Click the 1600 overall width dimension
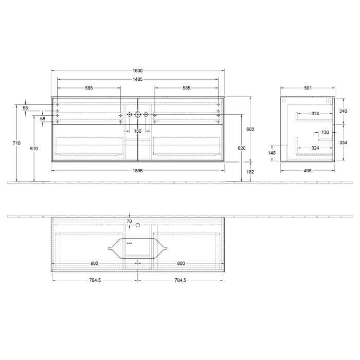tap(137, 70)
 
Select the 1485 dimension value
tap(137, 79)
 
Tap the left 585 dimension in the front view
tap(89, 88)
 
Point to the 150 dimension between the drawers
tap(137, 131)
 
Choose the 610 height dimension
tap(34, 148)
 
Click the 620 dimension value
tap(242, 148)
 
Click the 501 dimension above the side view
tap(308, 88)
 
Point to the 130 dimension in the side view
tap(325, 132)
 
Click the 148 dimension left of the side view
tap(273, 153)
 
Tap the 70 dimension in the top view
tap(129, 222)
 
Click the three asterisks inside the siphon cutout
tap(129, 243)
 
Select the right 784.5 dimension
tap(180, 280)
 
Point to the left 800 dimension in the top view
tap(94, 263)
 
